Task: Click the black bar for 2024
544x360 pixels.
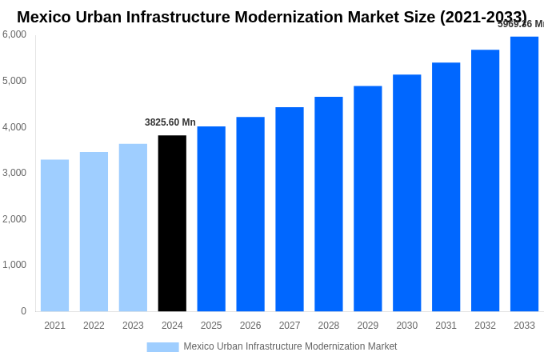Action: pyautogui.click(x=172, y=223)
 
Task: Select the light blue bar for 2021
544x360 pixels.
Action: pyautogui.click(x=54, y=235)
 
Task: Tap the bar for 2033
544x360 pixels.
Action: pyautogui.click(x=524, y=174)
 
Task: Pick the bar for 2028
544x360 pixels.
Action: pyautogui.click(x=328, y=204)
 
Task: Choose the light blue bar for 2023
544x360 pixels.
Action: pyautogui.click(x=133, y=227)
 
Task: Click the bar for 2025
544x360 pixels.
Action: pyautogui.click(x=211, y=218)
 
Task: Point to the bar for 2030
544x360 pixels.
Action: pyautogui.click(x=406, y=193)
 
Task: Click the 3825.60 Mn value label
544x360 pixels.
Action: pyautogui.click(x=170, y=122)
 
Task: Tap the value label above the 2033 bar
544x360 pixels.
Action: pyautogui.click(x=521, y=24)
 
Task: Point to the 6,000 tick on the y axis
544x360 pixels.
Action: pyautogui.click(x=14, y=34)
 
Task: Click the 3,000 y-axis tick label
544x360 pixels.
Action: pyautogui.click(x=14, y=173)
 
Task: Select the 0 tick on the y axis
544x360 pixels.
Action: pyautogui.click(x=23, y=311)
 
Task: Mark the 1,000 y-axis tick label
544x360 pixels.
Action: pyautogui.click(x=14, y=265)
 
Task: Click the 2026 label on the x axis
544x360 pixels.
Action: pyautogui.click(x=250, y=326)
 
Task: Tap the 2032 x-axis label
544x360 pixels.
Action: pyautogui.click(x=485, y=326)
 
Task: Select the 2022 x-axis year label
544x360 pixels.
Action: pyautogui.click(x=94, y=326)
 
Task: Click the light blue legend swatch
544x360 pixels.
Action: pyautogui.click(x=162, y=346)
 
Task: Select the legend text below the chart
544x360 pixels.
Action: pyautogui.click(x=290, y=346)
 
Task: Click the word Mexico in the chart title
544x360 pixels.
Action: pyautogui.click(x=46, y=17)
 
